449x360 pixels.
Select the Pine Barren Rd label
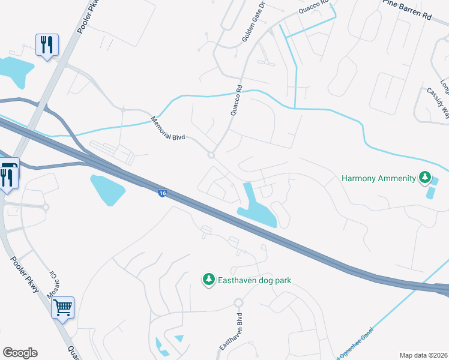[407, 9]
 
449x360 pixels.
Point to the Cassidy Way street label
[438, 101]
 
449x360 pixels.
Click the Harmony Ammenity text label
[378, 178]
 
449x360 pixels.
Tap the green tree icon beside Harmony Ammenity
[425, 178]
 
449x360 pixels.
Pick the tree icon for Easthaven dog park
[209, 280]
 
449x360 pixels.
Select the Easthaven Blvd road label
[231, 331]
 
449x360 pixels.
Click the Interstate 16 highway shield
[162, 193]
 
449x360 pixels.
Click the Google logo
[20, 353]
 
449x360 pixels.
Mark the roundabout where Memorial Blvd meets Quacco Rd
[211, 155]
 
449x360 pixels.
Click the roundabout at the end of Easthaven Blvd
[238, 303]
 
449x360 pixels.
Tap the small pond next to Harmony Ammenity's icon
[430, 193]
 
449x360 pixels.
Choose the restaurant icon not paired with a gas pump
[46, 44]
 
